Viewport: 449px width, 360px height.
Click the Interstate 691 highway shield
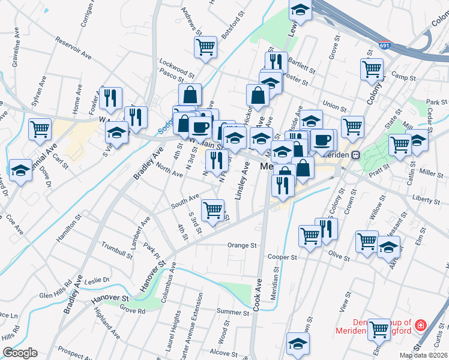pos(385,45)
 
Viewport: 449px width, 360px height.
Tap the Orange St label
pos(242,245)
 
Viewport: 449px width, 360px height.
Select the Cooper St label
pos(283,257)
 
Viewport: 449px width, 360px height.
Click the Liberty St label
pos(427,197)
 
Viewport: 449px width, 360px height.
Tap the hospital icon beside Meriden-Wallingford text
pos(421,326)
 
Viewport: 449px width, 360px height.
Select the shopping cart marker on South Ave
pos(213,209)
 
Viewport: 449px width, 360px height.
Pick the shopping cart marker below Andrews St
pos(205,46)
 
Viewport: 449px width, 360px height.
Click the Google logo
pos(20,353)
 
